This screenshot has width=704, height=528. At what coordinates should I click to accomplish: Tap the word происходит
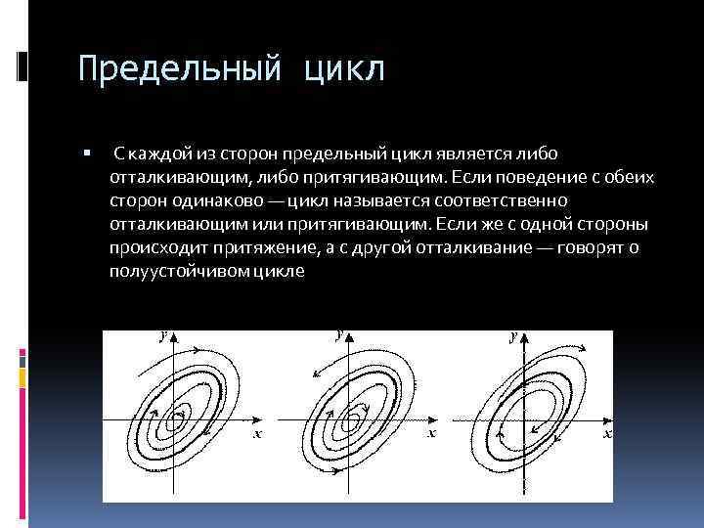click(154, 248)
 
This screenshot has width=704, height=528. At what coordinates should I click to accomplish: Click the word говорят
click(592, 248)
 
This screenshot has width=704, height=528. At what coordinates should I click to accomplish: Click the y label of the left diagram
click(162, 335)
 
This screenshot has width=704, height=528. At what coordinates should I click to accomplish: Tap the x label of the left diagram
click(257, 433)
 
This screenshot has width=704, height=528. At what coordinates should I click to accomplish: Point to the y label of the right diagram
click(512, 335)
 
